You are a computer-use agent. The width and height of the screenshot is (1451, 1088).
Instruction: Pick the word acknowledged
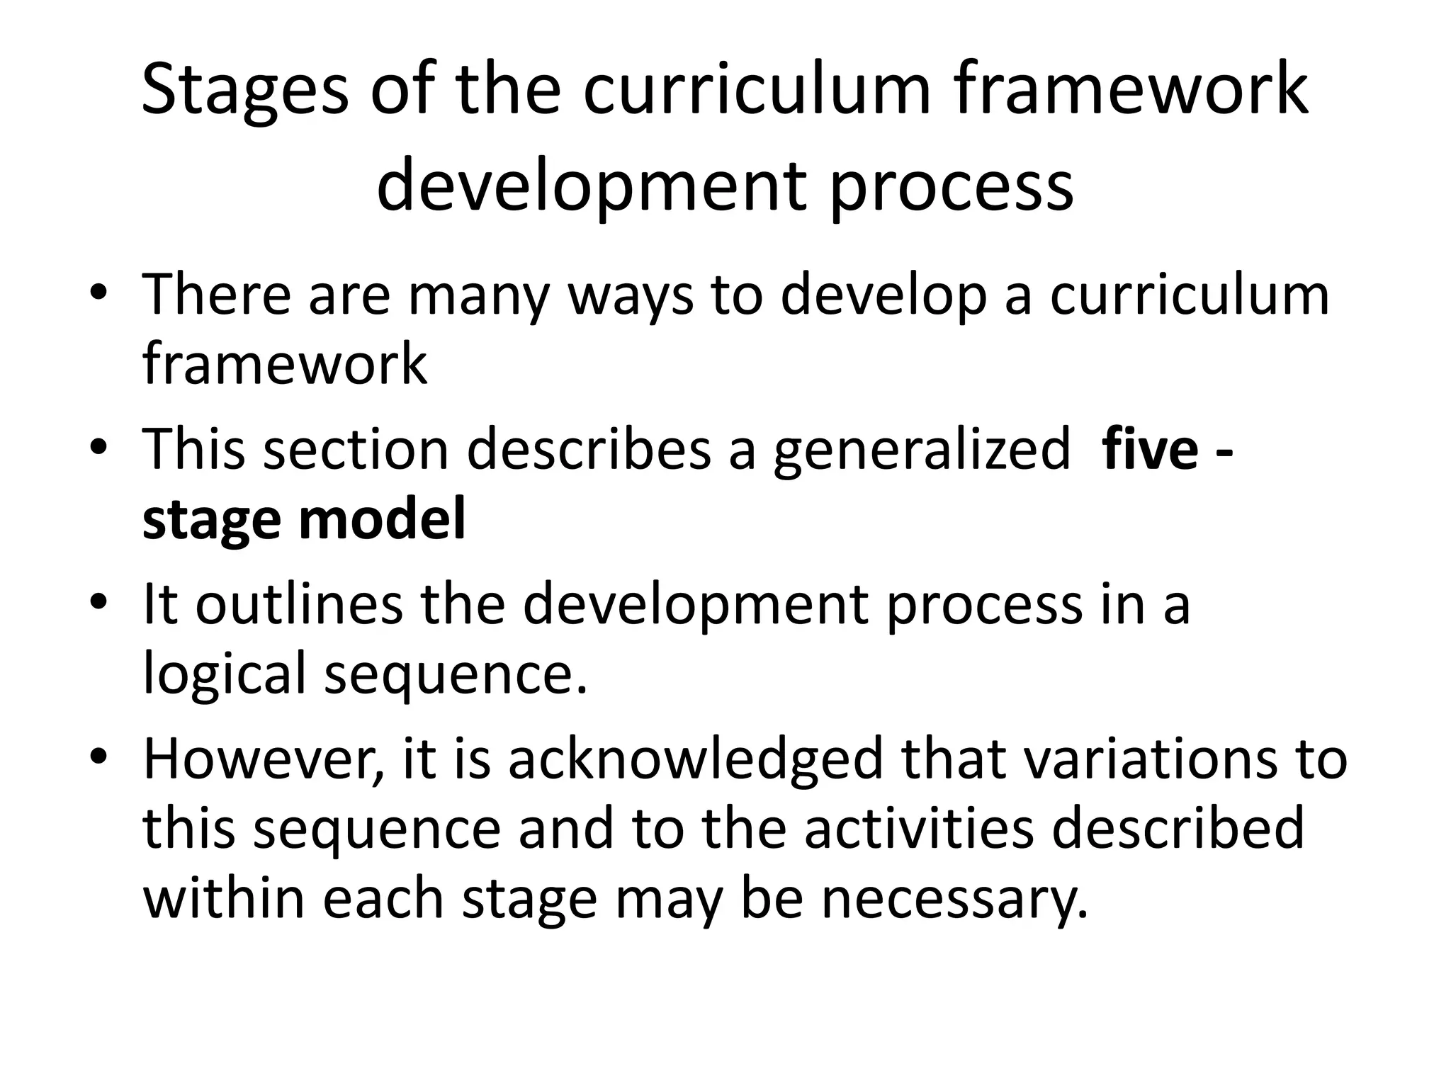point(696,760)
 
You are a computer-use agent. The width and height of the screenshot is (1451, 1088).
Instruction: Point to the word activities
point(919,829)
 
